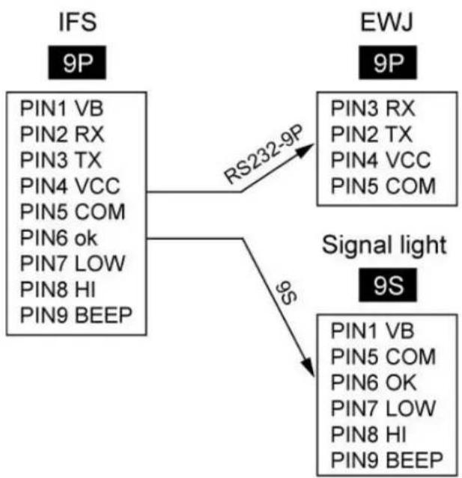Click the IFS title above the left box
(78, 22)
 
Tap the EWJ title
(387, 22)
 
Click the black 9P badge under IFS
(77, 63)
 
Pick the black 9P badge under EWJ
(388, 63)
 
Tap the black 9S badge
(388, 285)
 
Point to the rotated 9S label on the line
(286, 292)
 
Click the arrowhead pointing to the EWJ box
(306, 150)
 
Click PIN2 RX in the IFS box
(62, 134)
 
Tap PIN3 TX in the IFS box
(61, 160)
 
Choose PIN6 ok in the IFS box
(58, 237)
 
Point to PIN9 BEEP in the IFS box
(76, 315)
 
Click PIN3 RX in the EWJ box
(373, 108)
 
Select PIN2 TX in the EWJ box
(371, 134)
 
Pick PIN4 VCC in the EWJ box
(381, 160)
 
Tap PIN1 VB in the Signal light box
(373, 331)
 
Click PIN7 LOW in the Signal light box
(383, 408)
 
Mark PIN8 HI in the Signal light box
(368, 434)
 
